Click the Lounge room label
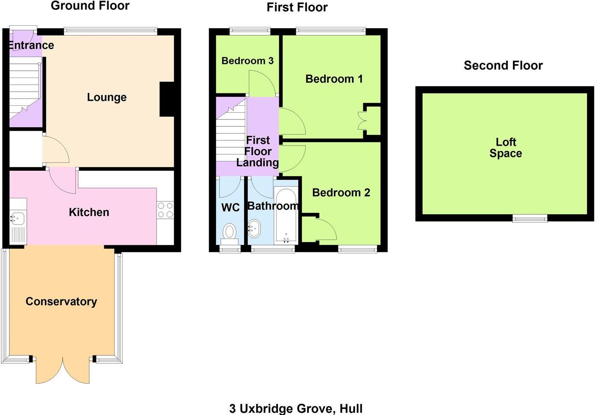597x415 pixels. pyautogui.click(x=107, y=97)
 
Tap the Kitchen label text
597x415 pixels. pyautogui.click(x=89, y=212)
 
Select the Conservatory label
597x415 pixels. pyautogui.click(x=61, y=302)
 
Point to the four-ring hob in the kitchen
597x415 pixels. pyautogui.click(x=165, y=210)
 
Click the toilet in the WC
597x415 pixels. pyautogui.click(x=230, y=234)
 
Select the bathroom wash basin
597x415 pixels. pyautogui.click(x=254, y=228)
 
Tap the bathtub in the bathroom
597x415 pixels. pyautogui.click(x=286, y=215)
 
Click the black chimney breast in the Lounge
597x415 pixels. pyautogui.click(x=167, y=99)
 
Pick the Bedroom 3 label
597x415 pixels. pyautogui.click(x=247, y=61)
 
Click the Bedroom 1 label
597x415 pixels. pyautogui.click(x=334, y=79)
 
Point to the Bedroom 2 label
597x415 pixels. pyautogui.click(x=341, y=192)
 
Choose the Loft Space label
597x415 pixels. pyautogui.click(x=506, y=148)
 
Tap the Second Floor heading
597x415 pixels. pyautogui.click(x=503, y=66)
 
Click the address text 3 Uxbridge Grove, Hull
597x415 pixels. pyautogui.click(x=296, y=409)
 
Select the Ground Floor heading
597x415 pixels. pyautogui.click(x=90, y=6)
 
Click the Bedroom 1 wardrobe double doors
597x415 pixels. pyautogui.click(x=362, y=121)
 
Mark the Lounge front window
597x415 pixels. pyautogui.click(x=110, y=31)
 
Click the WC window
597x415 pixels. pyautogui.click(x=230, y=249)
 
